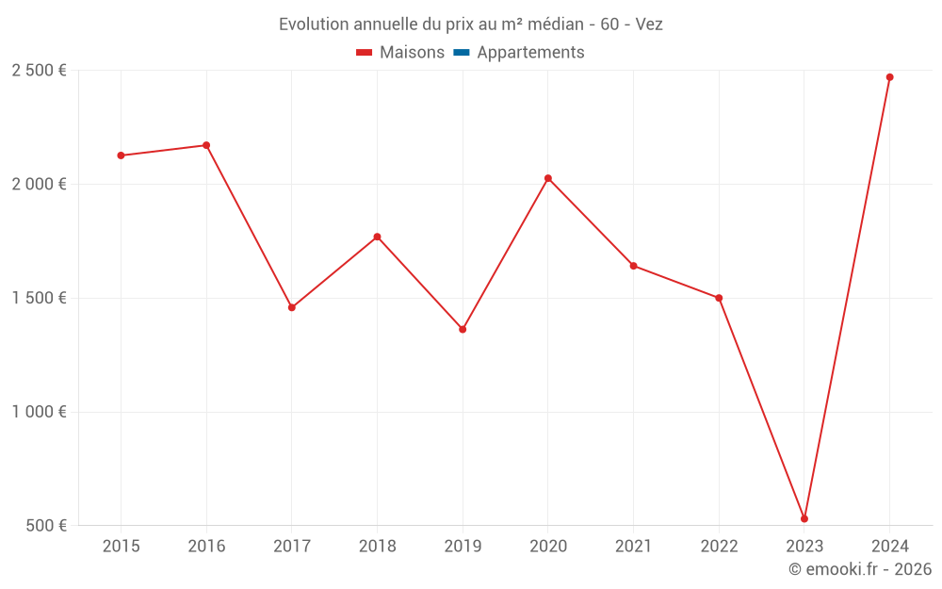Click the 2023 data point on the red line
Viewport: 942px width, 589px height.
tap(804, 518)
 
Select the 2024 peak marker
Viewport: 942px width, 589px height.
tap(889, 77)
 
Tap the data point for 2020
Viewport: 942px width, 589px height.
tap(548, 178)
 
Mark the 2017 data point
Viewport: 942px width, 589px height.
tap(292, 307)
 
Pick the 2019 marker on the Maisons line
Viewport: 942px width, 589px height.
tap(463, 329)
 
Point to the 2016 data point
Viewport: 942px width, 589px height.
tap(206, 145)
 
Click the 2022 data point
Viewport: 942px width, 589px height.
tap(719, 298)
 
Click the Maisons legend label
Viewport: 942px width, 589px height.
tap(412, 53)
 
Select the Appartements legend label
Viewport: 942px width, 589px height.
tap(530, 53)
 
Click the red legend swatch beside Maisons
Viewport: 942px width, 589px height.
tap(365, 53)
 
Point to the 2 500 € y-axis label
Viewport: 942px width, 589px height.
tap(39, 71)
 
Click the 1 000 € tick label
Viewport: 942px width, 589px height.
tap(39, 412)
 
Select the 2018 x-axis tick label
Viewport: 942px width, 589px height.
tap(377, 546)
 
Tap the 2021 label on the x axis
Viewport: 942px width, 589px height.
tap(633, 546)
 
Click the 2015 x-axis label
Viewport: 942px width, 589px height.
tap(122, 546)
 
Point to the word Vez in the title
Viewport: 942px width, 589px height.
tap(649, 25)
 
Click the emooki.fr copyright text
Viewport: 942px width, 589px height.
tap(860, 569)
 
